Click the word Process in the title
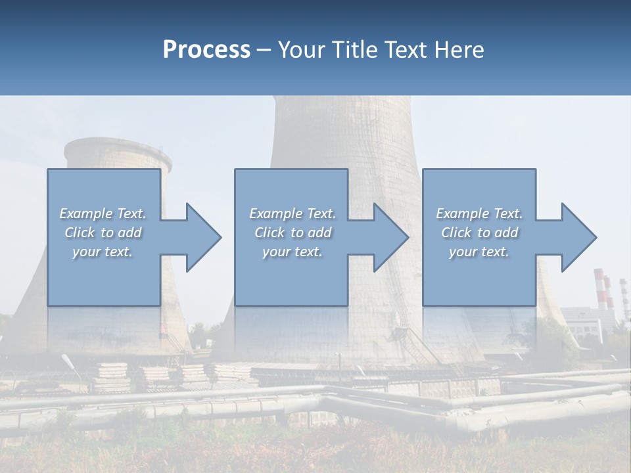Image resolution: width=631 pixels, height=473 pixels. point(206,50)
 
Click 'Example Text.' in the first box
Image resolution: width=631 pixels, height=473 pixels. point(103,214)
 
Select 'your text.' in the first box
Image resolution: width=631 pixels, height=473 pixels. point(103,252)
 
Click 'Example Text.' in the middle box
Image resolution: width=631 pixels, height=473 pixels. point(292,214)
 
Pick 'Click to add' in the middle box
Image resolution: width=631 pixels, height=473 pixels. point(292,233)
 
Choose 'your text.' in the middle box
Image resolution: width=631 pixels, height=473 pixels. point(292,252)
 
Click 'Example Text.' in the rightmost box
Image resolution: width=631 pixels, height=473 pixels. point(479,214)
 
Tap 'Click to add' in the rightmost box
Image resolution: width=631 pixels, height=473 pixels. point(479,233)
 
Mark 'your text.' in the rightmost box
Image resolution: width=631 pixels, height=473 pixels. point(479,252)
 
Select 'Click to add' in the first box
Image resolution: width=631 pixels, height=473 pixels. point(103,233)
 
